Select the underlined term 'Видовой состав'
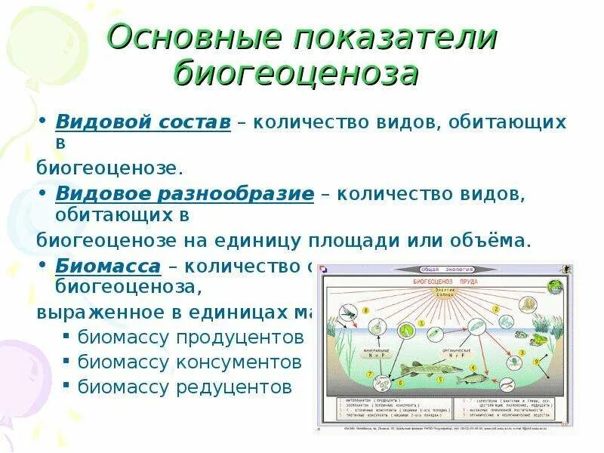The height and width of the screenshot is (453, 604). click(143, 122)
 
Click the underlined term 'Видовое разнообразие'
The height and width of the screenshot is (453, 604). click(184, 194)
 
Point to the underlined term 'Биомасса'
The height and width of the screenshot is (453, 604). click(108, 266)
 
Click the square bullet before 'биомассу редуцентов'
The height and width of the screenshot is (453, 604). click(67, 387)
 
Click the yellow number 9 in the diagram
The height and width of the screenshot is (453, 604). click(537, 361)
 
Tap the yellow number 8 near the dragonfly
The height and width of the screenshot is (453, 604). click(367, 309)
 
